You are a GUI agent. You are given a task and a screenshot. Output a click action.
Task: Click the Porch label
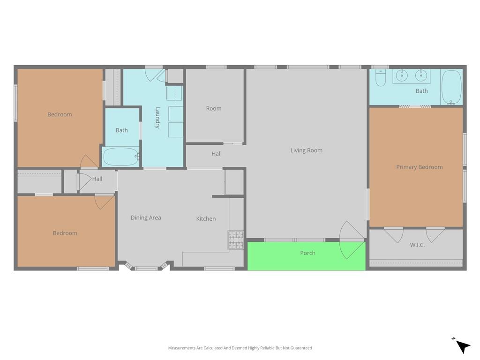(x=307, y=253)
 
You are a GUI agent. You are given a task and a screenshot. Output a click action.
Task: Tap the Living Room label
(x=307, y=150)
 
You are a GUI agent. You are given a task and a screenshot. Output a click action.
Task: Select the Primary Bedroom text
(x=420, y=167)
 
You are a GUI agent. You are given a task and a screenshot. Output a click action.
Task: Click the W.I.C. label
(x=417, y=245)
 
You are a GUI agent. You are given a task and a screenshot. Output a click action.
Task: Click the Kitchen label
(x=206, y=218)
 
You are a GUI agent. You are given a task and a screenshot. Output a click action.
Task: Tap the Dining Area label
(x=146, y=217)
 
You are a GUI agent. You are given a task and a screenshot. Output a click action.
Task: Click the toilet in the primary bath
(x=381, y=78)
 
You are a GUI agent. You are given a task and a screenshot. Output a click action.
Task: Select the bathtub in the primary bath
(x=451, y=88)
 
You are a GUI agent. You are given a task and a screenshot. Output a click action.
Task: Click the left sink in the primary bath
(x=402, y=75)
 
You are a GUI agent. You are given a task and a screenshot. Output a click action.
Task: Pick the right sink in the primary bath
(x=421, y=75)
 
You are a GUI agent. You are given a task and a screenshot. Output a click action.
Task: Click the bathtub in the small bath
(x=121, y=157)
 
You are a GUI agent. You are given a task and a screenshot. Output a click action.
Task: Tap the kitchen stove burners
(x=236, y=240)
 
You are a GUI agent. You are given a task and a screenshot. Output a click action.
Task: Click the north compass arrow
(x=463, y=346)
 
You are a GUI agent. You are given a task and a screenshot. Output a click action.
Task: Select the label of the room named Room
(x=214, y=108)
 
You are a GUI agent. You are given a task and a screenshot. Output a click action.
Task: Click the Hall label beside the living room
(x=217, y=154)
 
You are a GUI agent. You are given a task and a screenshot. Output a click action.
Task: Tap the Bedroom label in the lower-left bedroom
(x=65, y=233)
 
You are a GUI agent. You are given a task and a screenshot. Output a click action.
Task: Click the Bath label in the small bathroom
(x=121, y=130)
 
